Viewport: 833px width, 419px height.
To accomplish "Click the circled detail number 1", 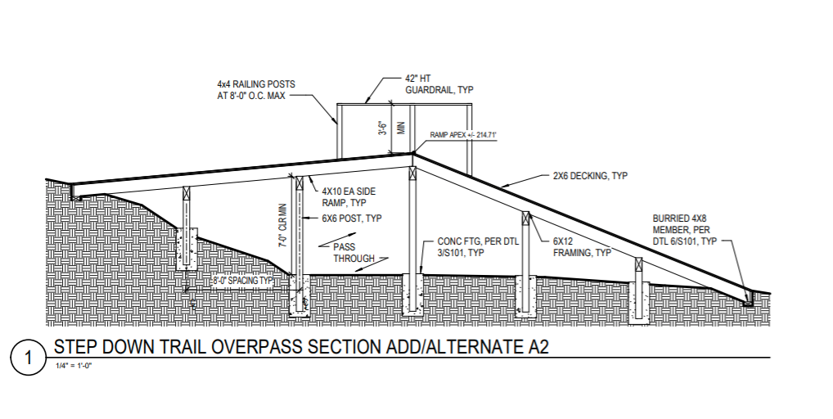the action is [x=28, y=357].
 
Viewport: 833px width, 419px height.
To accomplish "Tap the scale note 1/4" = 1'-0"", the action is [x=74, y=366].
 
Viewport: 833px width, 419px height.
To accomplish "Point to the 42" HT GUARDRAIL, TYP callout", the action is [x=439, y=84].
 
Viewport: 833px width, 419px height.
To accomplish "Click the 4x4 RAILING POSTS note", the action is [x=255, y=90].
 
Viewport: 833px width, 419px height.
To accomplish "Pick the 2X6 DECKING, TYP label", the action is [x=590, y=176].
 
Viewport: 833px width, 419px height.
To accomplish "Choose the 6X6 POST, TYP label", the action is [x=351, y=219].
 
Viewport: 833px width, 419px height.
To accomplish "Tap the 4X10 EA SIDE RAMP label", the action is [x=348, y=197].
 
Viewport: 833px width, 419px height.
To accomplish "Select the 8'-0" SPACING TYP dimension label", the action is [x=242, y=280].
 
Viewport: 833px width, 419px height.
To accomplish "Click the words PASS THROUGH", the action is [x=353, y=253].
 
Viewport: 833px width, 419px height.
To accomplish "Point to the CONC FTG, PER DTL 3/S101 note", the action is [x=478, y=247].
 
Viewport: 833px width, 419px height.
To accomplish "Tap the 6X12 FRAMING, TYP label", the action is [x=582, y=247].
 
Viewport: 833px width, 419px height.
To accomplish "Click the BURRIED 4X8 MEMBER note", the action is [x=684, y=230].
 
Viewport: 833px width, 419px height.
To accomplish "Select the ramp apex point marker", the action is [x=412, y=154].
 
